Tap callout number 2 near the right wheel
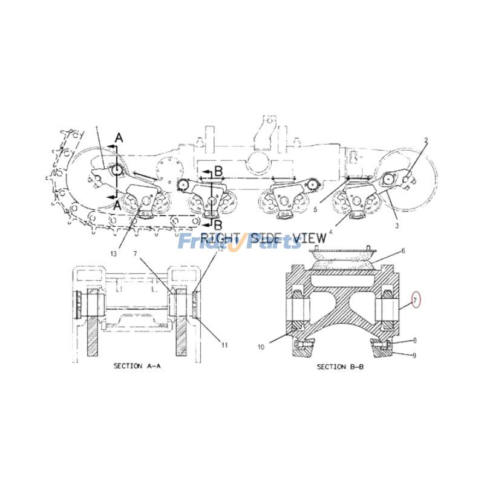point(425,140)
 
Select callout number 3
point(396,225)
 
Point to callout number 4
point(330,231)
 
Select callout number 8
point(414,341)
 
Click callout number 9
point(414,355)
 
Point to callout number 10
point(261,347)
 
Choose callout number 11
point(224,345)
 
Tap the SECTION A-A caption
point(137,367)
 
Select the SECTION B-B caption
point(340,367)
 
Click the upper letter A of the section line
point(119,139)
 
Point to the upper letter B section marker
point(219,171)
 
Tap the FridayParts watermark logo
point(239,242)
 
